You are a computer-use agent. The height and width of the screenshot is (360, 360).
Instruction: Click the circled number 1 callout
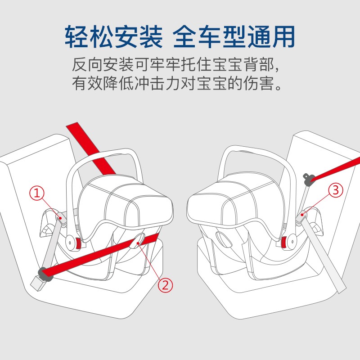pyautogui.click(x=37, y=193)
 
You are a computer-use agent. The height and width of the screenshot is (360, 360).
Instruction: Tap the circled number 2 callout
pyautogui.click(x=165, y=285)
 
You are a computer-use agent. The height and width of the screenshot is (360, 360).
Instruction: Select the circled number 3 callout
pyautogui.click(x=336, y=190)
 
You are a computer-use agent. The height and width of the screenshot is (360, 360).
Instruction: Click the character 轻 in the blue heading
pyautogui.click(x=76, y=37)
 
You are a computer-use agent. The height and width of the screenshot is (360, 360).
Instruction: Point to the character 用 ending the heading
pyautogui.click(x=284, y=37)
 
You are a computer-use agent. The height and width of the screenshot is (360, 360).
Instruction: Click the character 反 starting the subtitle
pyautogui.click(x=80, y=65)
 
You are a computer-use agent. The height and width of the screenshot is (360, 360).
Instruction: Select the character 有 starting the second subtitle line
pyautogui.click(x=80, y=83)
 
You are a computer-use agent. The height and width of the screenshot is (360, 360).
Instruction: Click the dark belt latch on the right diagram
pyautogui.click(x=309, y=179)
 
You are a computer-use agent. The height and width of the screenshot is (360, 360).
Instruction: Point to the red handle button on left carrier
pyautogui.click(x=78, y=243)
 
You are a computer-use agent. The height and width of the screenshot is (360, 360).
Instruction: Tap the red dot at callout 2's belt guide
pyautogui.click(x=138, y=243)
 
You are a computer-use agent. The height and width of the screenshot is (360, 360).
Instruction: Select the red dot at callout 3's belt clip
pyautogui.click(x=302, y=215)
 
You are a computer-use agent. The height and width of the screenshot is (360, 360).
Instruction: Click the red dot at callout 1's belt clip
pyautogui.click(x=60, y=218)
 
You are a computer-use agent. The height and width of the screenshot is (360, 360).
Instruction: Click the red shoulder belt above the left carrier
pyautogui.click(x=91, y=148)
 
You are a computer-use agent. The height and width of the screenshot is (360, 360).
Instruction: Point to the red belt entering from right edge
pyautogui.click(x=336, y=169)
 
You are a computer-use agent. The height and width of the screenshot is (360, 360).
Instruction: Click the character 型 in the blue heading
pyautogui.click(x=234, y=37)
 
